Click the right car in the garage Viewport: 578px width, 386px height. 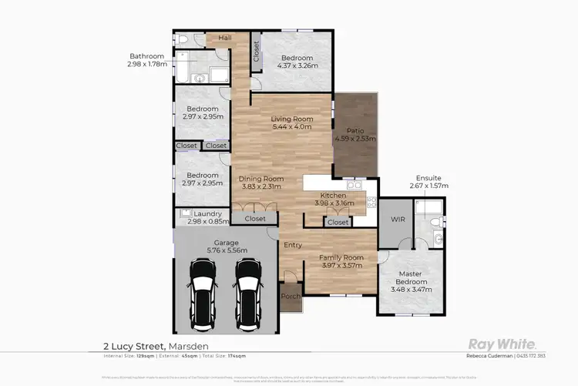tap(247, 284)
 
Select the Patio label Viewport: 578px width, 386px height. tap(355, 130)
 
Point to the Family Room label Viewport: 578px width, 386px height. tap(340, 259)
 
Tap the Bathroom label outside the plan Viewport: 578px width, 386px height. tap(146, 55)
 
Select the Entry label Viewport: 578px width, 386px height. tap(293, 245)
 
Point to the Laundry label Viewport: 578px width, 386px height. tap(208, 213)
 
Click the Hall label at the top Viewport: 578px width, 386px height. tap(225, 37)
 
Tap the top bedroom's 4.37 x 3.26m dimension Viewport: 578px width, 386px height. tap(296, 67)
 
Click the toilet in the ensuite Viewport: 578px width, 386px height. tap(436, 222)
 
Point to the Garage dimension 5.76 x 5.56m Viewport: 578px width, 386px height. tap(226, 250)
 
